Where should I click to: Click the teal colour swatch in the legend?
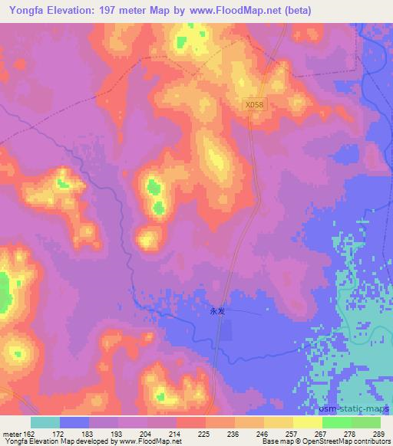click(45, 422)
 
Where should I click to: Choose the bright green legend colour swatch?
click(336, 422)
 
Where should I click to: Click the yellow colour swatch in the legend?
click(278, 422)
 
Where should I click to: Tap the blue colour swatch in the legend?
click(74, 422)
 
